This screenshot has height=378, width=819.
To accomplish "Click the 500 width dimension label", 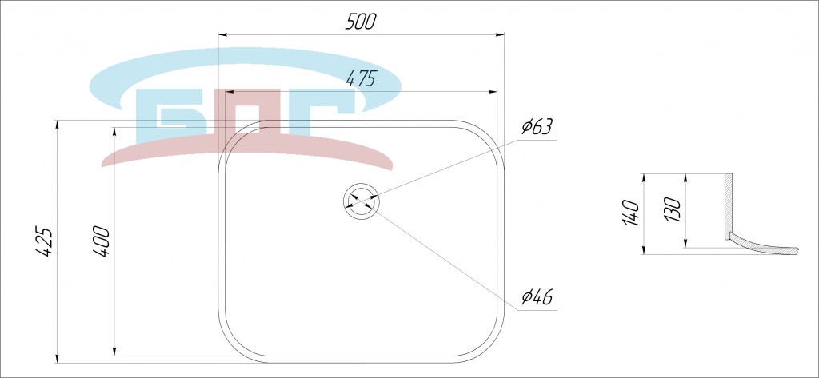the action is (x=361, y=21).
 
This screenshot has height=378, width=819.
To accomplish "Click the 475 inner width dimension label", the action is (x=361, y=78).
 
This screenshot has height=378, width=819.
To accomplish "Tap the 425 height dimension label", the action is (x=45, y=241).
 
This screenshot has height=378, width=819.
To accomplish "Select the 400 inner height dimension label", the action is (x=102, y=241).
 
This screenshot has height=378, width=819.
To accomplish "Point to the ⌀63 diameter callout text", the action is (x=537, y=126).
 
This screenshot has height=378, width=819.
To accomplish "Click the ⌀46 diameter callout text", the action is (x=537, y=297).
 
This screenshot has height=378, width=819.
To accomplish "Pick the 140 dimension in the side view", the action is (x=631, y=213).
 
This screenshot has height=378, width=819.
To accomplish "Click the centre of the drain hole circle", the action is (x=361, y=201).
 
